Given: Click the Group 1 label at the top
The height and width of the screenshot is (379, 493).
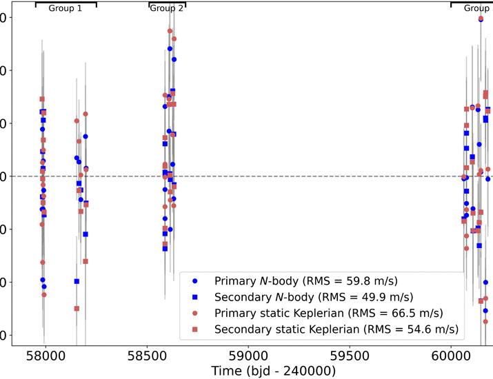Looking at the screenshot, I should click(66, 9).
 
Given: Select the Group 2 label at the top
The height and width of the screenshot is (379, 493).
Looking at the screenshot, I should click(167, 9).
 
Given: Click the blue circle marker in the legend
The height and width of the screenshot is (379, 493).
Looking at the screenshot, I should click(195, 281).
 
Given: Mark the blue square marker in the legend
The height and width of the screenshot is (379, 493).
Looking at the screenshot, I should click(195, 297).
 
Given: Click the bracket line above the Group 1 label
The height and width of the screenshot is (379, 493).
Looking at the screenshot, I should click(66, 3).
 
